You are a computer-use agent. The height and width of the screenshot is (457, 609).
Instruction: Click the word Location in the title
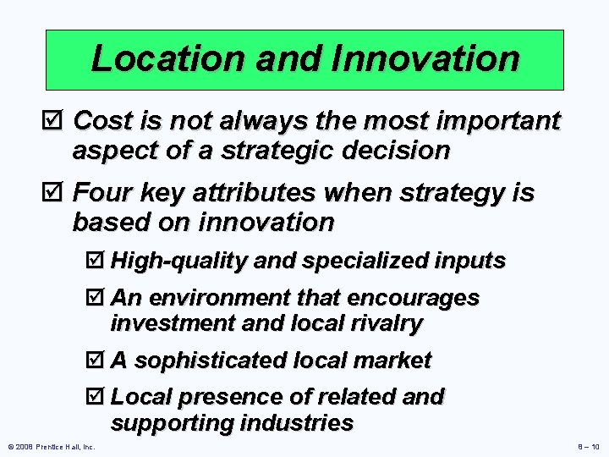tap(156, 58)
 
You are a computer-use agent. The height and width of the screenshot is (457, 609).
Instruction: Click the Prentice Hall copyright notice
tap(50, 446)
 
